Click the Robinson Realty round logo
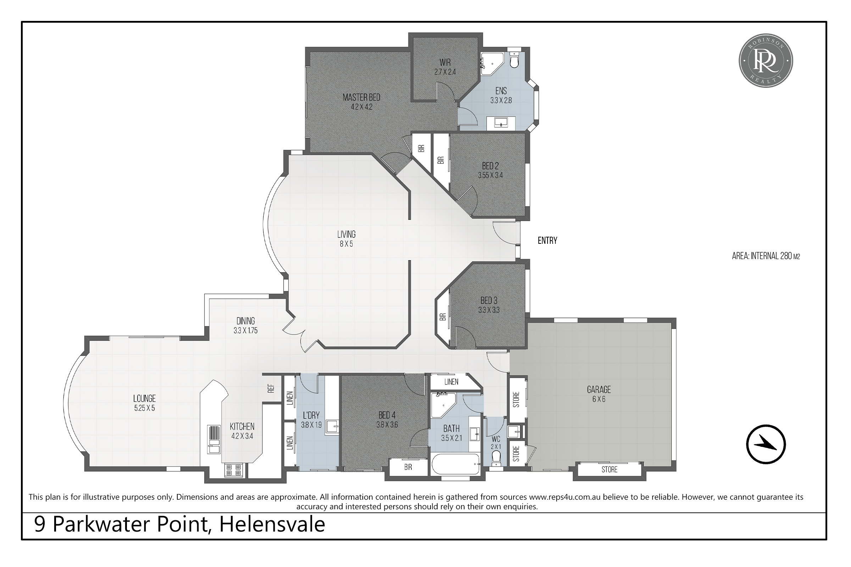pos(766,60)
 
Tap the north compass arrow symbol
pos(766,444)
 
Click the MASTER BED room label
pos(361,97)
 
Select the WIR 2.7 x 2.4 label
pos(445,67)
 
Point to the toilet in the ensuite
pos(514,60)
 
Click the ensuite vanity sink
pos(501,123)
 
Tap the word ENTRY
pos(547,241)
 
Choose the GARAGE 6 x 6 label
pos(599,394)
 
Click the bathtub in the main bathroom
pos(456,464)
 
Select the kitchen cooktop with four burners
pos(233,470)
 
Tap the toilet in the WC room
pos(496,459)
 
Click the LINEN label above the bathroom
pos(451,382)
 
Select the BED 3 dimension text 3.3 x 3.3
pos(489,310)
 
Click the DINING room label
pos(246,321)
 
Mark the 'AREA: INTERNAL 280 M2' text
pos(766,256)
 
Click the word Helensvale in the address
pos(272,524)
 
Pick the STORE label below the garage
pos(609,469)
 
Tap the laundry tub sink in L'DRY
pos(332,427)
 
